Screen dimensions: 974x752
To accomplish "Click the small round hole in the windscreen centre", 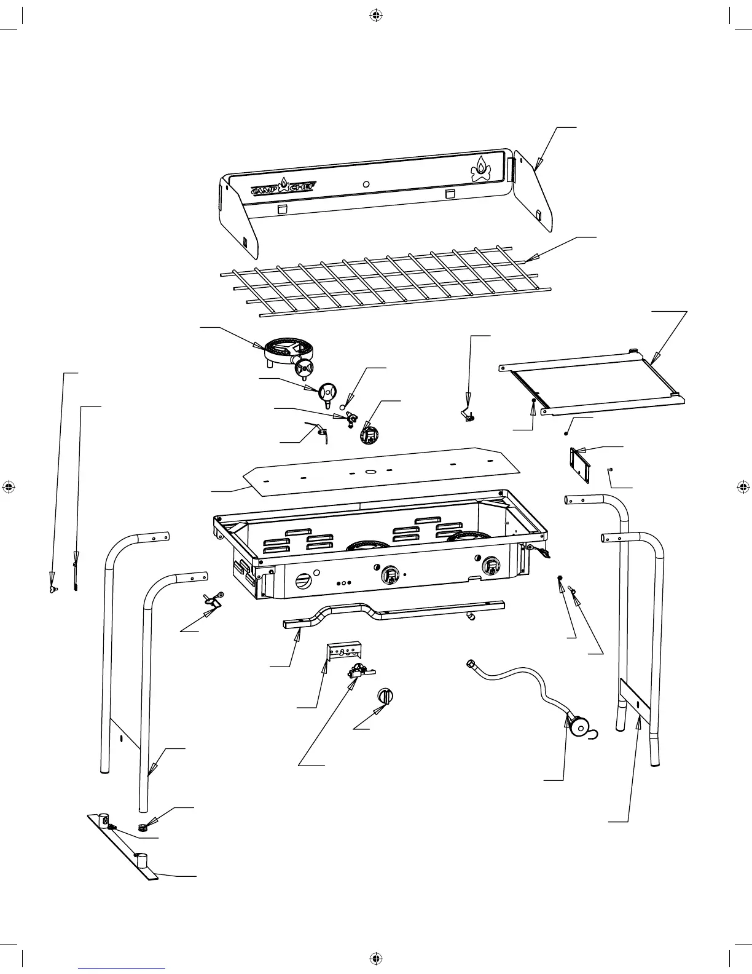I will pos(366,184).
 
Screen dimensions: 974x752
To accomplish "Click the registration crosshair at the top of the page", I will pos(376,16).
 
